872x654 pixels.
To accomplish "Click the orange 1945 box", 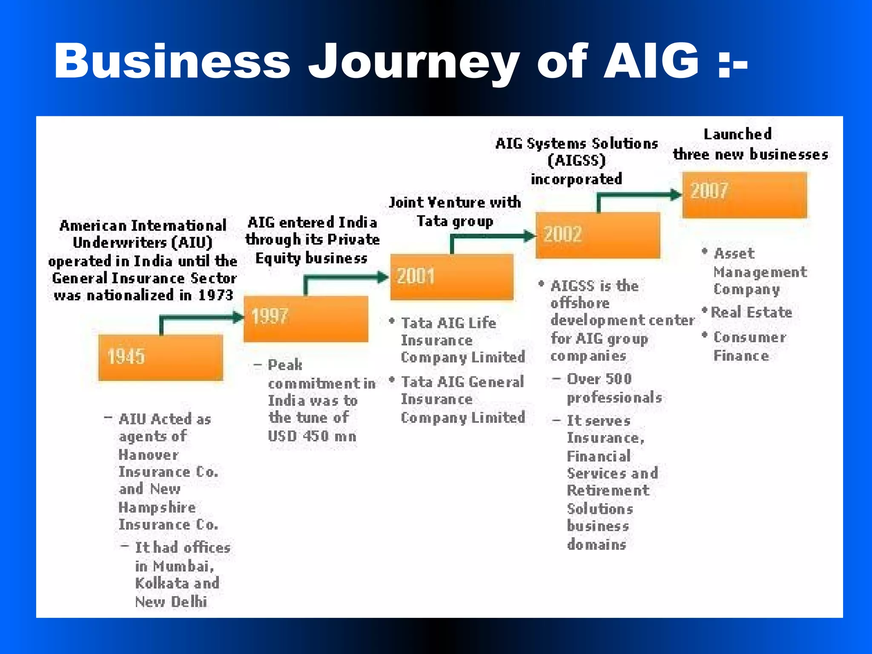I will point(161,357).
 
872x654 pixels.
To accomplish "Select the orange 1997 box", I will point(306,318).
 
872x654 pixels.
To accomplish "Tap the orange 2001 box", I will point(452,277).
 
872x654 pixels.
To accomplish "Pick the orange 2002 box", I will point(598,235).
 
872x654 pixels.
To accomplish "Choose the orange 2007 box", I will point(744,195).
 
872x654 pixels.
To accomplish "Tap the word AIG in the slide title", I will point(651,62).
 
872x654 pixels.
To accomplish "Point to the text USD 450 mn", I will point(312,436).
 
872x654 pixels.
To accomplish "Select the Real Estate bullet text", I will point(752,313).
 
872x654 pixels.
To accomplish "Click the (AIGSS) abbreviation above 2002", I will point(577,161).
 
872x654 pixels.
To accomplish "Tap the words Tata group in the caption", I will point(455,221).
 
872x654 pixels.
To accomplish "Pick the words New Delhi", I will point(171,602).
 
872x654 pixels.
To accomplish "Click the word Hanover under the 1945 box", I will point(149,455).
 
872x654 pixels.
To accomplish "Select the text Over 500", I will point(599,379).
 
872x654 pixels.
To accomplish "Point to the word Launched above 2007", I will point(737,135).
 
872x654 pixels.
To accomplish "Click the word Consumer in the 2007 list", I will point(750,337).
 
